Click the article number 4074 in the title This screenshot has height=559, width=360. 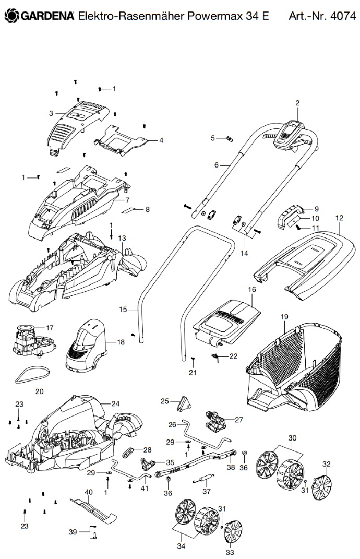343,16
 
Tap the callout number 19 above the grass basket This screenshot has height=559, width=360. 284,317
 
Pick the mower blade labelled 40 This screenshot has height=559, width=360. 93,508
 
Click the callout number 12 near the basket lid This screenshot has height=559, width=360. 339,218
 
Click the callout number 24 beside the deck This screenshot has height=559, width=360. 115,403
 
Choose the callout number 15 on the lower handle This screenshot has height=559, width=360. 123,309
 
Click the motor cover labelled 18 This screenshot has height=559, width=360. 86,343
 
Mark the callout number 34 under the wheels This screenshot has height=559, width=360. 181,546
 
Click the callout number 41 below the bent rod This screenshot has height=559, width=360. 144,488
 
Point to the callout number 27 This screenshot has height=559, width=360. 238,420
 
